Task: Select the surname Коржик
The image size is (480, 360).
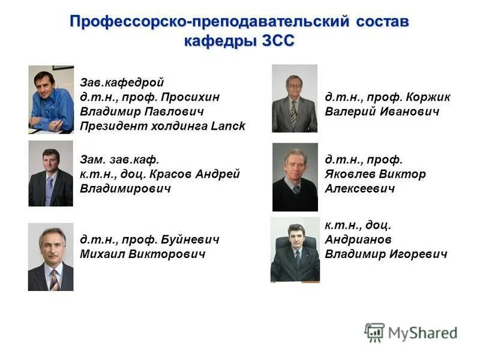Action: pyautogui.click(x=428, y=97)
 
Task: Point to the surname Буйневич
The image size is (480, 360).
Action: pyautogui.click(x=190, y=239)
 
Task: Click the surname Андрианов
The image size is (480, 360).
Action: pyautogui.click(x=358, y=239)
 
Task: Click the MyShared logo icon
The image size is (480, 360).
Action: pyautogui.click(x=374, y=332)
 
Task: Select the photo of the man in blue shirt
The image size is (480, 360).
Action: pyautogui.click(x=51, y=99)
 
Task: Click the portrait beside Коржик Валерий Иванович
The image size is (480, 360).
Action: pyautogui.click(x=294, y=98)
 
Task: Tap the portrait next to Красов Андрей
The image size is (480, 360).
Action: pyautogui.click(x=51, y=173)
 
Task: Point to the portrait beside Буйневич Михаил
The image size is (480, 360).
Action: pyautogui.click(x=51, y=257)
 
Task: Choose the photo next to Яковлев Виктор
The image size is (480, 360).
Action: pyautogui.click(x=295, y=176)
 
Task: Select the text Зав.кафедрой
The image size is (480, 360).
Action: pyautogui.click(x=122, y=83)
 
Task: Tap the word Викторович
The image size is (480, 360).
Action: pyautogui.click(x=173, y=254)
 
